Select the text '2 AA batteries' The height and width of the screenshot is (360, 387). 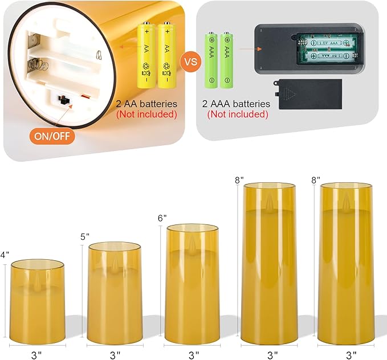pos(147,104)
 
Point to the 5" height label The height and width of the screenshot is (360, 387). pos(84,236)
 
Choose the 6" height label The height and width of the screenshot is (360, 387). pos(161,218)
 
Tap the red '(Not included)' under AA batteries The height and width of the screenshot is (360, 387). pos(147,114)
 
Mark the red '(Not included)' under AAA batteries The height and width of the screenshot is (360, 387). pos(238,114)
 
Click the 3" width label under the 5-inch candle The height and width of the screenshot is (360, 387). pos(115,354)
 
